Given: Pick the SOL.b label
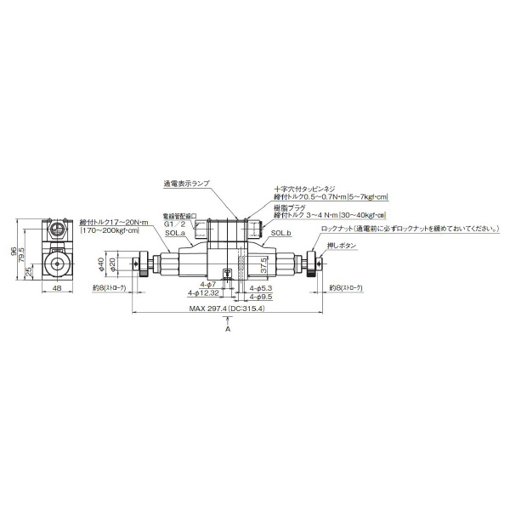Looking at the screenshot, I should (x=280, y=232).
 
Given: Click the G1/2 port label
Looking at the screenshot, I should (x=173, y=224).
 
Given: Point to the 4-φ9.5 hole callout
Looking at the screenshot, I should (x=260, y=297).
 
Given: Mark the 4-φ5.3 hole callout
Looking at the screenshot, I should (x=260, y=289).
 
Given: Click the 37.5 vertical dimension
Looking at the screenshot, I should (x=264, y=266).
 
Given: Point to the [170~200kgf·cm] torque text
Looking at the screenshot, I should (x=114, y=229).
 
